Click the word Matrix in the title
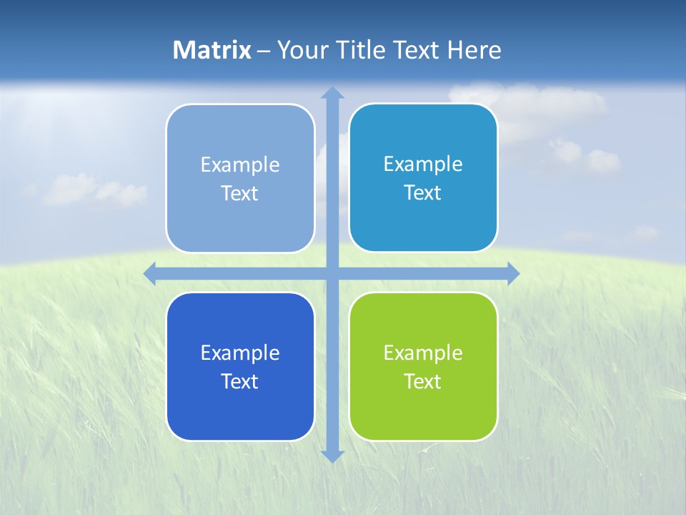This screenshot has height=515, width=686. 212,50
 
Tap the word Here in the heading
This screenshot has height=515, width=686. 474,50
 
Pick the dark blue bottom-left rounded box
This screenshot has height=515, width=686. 240,411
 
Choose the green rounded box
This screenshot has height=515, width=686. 423,411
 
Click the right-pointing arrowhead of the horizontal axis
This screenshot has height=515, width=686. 512,273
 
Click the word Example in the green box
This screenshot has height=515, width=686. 423,353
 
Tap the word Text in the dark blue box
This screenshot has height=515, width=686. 240,381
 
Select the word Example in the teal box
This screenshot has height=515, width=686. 423,164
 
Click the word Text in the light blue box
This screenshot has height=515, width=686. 240,193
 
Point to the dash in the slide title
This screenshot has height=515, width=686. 264,51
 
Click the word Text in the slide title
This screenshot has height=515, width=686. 417,50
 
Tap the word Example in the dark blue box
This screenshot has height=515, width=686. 240,353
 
